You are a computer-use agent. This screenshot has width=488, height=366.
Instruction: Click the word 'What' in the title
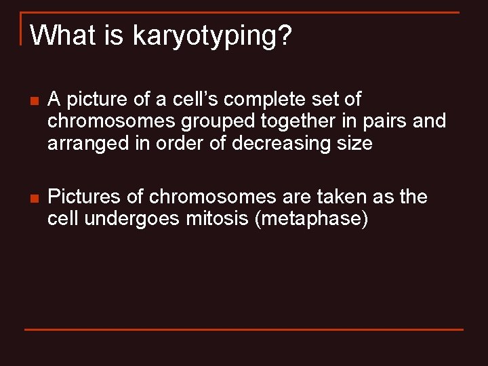point(64,35)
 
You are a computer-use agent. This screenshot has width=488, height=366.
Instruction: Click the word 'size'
point(355,144)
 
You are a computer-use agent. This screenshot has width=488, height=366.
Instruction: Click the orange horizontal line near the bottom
point(244,329)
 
